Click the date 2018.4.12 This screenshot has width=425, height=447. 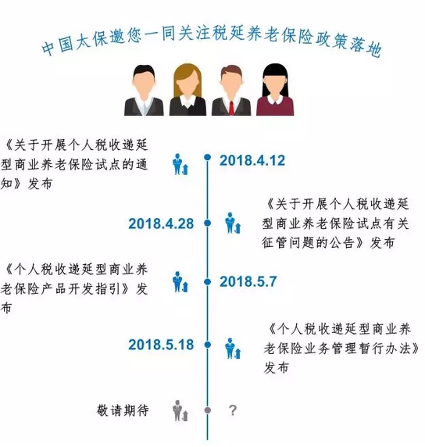[x=252, y=160]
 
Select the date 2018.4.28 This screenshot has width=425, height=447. [x=161, y=223]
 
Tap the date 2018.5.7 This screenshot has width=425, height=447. [x=248, y=282]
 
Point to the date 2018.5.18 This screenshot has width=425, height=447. [x=161, y=345]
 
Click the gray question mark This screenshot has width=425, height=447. [x=233, y=410]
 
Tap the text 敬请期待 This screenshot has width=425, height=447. [x=123, y=410]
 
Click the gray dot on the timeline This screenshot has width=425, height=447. [x=208, y=410]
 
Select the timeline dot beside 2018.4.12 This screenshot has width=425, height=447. [x=208, y=157]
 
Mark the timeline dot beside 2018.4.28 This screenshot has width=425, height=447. [x=208, y=223]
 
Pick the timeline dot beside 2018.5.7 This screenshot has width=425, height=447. [x=208, y=282]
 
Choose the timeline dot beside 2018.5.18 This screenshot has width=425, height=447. [x=208, y=345]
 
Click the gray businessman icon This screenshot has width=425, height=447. [x=180, y=411]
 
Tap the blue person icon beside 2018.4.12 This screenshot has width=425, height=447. [x=180, y=164]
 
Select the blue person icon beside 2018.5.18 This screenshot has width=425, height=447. [x=233, y=349]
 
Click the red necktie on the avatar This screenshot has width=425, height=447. [x=231, y=108]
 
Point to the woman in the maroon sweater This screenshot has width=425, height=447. [x=275, y=90]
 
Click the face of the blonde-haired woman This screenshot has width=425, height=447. [x=187, y=84]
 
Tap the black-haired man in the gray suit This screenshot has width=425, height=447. [x=144, y=90]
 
